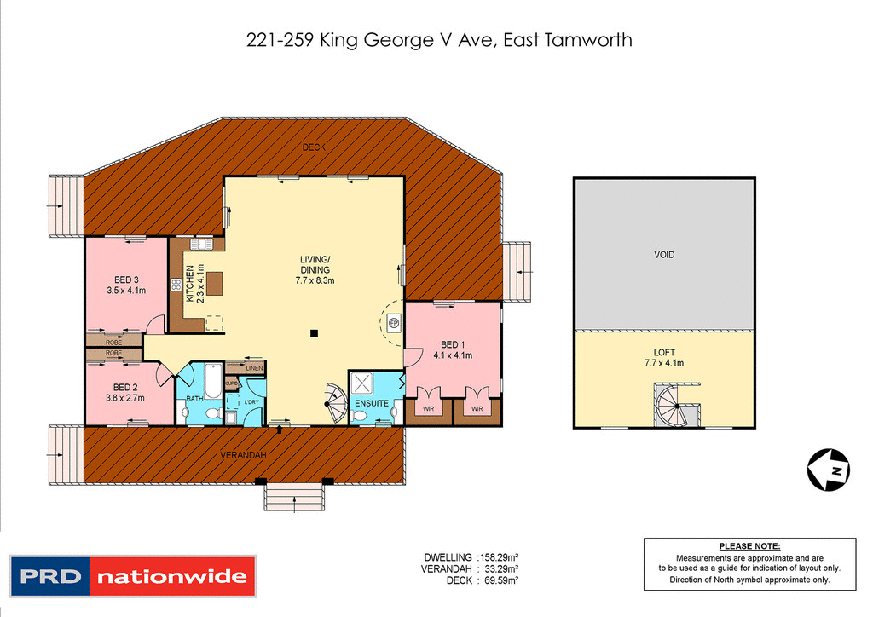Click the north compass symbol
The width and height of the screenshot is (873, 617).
(828, 469)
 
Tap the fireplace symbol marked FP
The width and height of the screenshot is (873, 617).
(393, 322)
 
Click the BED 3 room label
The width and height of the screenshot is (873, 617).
(126, 280)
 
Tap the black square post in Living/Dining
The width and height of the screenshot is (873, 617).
(314, 332)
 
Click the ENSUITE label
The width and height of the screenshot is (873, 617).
(372, 403)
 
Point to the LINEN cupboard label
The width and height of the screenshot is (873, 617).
(254, 368)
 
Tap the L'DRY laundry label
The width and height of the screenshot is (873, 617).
(251, 401)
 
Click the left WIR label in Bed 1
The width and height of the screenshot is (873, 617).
(425, 410)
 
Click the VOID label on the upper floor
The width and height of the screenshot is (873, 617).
(663, 255)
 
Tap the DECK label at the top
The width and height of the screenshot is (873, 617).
(314, 147)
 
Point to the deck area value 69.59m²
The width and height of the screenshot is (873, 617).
(500, 580)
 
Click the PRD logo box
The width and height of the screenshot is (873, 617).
(49, 577)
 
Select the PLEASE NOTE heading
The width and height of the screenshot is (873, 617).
(749, 546)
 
